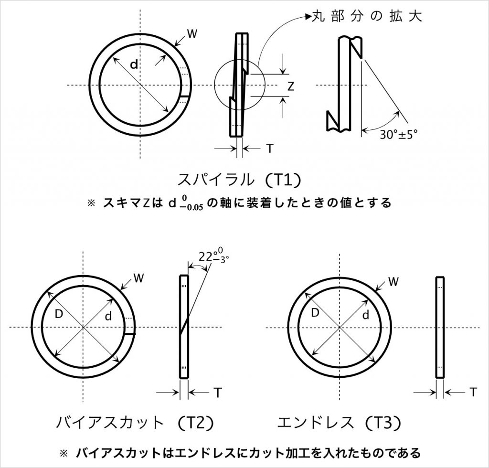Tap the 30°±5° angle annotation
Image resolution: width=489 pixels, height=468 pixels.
click(x=399, y=135)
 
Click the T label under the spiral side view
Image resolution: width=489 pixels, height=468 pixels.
click(x=270, y=149)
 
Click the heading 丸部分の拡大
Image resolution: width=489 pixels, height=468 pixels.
click(x=369, y=16)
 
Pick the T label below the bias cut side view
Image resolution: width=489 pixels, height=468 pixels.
click(x=217, y=393)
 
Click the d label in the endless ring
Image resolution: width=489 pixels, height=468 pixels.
click(x=366, y=315)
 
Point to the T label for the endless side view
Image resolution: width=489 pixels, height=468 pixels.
click(x=472, y=392)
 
